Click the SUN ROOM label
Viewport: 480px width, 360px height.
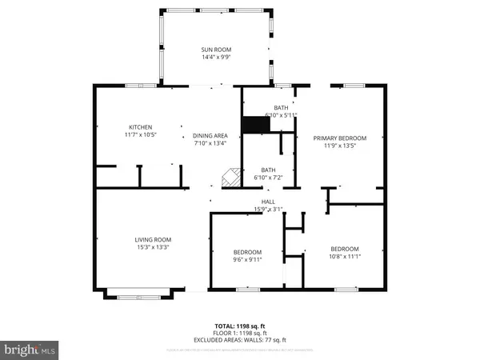tap(216, 50)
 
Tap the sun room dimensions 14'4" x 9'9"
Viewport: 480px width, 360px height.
tap(216, 58)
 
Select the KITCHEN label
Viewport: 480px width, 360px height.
tap(142, 127)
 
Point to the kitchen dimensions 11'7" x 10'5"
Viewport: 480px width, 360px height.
tap(142, 135)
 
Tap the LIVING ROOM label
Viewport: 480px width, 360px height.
tap(152, 239)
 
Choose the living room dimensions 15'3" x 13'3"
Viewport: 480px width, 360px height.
tap(152, 247)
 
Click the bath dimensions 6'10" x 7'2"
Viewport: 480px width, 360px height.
tap(269, 177)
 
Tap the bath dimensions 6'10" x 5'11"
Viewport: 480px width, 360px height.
tap(281, 115)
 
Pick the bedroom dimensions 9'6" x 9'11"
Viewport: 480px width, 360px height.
tap(248, 258)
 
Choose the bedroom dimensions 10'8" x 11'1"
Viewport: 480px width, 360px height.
tap(344, 256)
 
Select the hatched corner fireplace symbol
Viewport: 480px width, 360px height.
tap(230, 178)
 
